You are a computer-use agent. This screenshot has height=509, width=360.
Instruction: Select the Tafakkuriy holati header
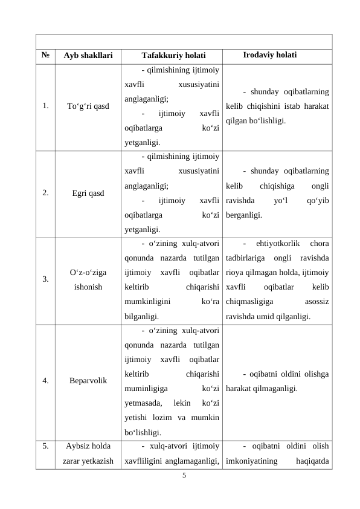pyautogui.click(x=169, y=56)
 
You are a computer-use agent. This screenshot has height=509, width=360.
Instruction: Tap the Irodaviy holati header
pyautogui.click(x=269, y=55)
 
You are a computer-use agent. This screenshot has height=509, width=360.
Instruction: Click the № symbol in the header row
pyautogui.click(x=45, y=56)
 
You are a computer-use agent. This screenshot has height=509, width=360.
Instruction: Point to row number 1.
pyautogui.click(x=46, y=106)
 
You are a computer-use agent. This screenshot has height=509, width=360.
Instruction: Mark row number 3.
pyautogui.click(x=46, y=280)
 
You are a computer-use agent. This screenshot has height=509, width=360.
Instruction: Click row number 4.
pyautogui.click(x=46, y=381)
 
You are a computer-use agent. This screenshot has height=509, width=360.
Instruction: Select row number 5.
pyautogui.click(x=46, y=447)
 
